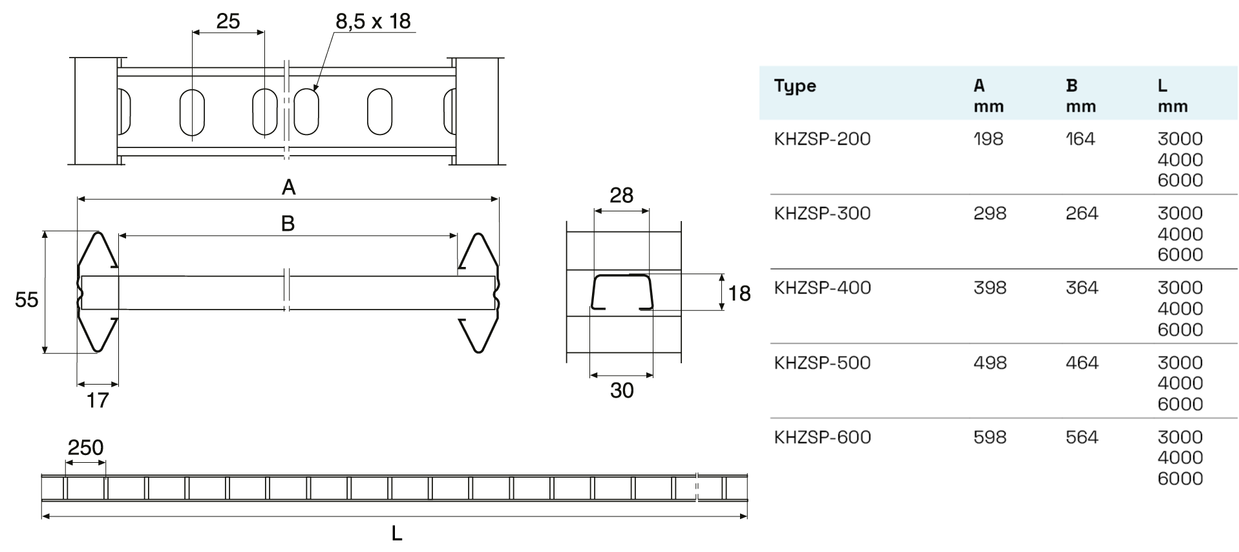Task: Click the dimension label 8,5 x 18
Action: coord(373,21)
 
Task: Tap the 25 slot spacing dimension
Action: coord(228,21)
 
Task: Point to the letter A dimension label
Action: coord(288,187)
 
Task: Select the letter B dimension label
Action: coord(288,224)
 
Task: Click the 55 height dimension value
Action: coord(26,299)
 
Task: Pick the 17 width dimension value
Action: coord(98,400)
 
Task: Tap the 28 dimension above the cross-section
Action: coord(621,195)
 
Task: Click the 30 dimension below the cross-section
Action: coord(622,390)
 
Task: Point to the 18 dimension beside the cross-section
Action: coord(739,293)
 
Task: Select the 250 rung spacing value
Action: coord(85,447)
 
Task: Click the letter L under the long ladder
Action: coord(397,533)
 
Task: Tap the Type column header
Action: coord(795,86)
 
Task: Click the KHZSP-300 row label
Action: coord(822,213)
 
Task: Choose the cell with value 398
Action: coord(990,288)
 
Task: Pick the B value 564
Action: coord(1081,437)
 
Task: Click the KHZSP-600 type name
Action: coord(822,437)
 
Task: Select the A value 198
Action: coord(988,139)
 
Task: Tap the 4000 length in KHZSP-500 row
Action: coord(1180,383)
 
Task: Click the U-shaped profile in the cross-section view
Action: coord(622,292)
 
